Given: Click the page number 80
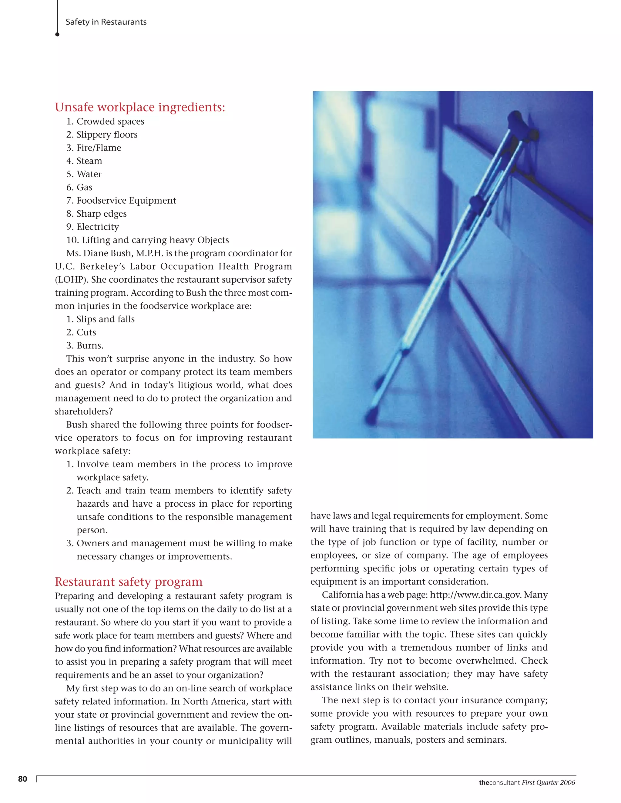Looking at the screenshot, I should tap(22, 779).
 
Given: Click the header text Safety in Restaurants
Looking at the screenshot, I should tap(106, 22).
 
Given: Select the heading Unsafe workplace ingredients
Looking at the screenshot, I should tap(140, 107).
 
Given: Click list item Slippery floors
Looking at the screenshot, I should tap(107, 135).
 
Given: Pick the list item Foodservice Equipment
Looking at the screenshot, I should tap(126, 200).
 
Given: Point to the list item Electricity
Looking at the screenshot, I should tap(98, 227).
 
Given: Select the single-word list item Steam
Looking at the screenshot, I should tap(89, 161).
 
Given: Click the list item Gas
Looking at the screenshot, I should tap(84, 188).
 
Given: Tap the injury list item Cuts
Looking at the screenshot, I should tap(86, 332).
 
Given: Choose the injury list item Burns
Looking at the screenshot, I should tap(90, 346).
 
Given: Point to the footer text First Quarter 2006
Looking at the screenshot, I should tap(548, 782).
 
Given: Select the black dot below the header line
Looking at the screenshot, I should tap(57, 35).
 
